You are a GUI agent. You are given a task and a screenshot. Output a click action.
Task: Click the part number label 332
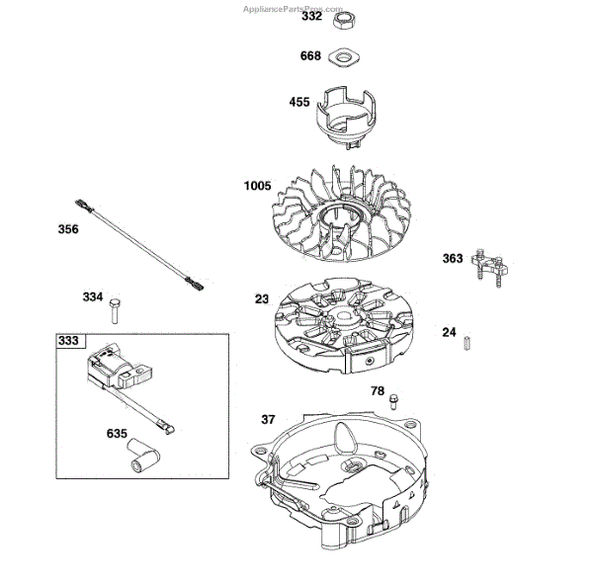[x=311, y=18]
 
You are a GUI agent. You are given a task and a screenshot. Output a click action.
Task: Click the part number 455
[x=299, y=103]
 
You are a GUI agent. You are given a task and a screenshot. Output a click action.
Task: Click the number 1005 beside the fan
[x=258, y=186]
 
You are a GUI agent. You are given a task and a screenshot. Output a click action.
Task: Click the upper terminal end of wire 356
[x=85, y=206]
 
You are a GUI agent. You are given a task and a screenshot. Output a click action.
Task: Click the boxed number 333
[x=68, y=341]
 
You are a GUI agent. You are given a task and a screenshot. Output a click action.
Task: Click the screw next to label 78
[x=395, y=399]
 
